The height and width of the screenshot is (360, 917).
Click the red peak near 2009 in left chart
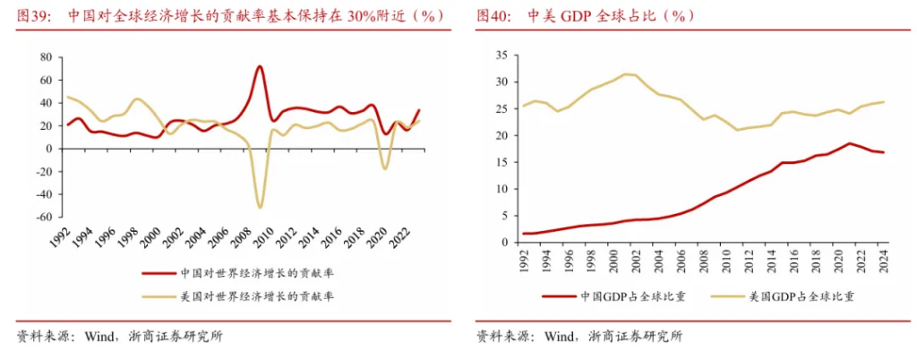point(259,66)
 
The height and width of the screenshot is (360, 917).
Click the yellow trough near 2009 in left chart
point(260,207)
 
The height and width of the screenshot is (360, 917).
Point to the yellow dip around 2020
point(385,168)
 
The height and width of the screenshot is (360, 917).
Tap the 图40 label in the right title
point(493,17)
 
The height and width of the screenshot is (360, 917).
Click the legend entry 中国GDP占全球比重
point(632,296)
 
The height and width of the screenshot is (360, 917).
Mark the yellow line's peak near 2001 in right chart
point(626,73)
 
